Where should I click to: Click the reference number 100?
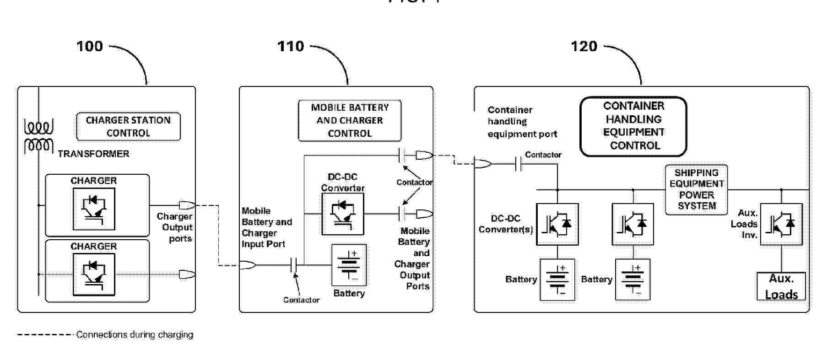(x=90, y=46)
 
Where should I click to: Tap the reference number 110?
(x=291, y=46)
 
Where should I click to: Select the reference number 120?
(x=584, y=46)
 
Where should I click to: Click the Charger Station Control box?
(x=128, y=127)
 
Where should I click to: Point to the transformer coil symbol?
(x=38, y=136)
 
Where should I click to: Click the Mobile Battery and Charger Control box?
(x=350, y=121)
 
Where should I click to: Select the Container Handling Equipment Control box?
(x=633, y=126)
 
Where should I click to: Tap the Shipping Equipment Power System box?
(x=696, y=189)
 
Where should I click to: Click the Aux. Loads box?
(x=781, y=286)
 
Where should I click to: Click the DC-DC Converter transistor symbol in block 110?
(x=343, y=214)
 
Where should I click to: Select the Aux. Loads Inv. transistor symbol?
(x=781, y=224)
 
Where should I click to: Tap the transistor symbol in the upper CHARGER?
(x=94, y=209)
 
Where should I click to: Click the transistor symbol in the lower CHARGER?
(x=94, y=274)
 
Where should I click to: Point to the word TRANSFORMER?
(x=93, y=154)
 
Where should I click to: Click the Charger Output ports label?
(x=175, y=227)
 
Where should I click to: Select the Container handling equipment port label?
(x=522, y=122)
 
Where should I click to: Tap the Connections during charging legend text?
(x=135, y=335)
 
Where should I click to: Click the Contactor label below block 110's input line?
(x=301, y=300)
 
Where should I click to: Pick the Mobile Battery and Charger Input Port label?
(x=266, y=227)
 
